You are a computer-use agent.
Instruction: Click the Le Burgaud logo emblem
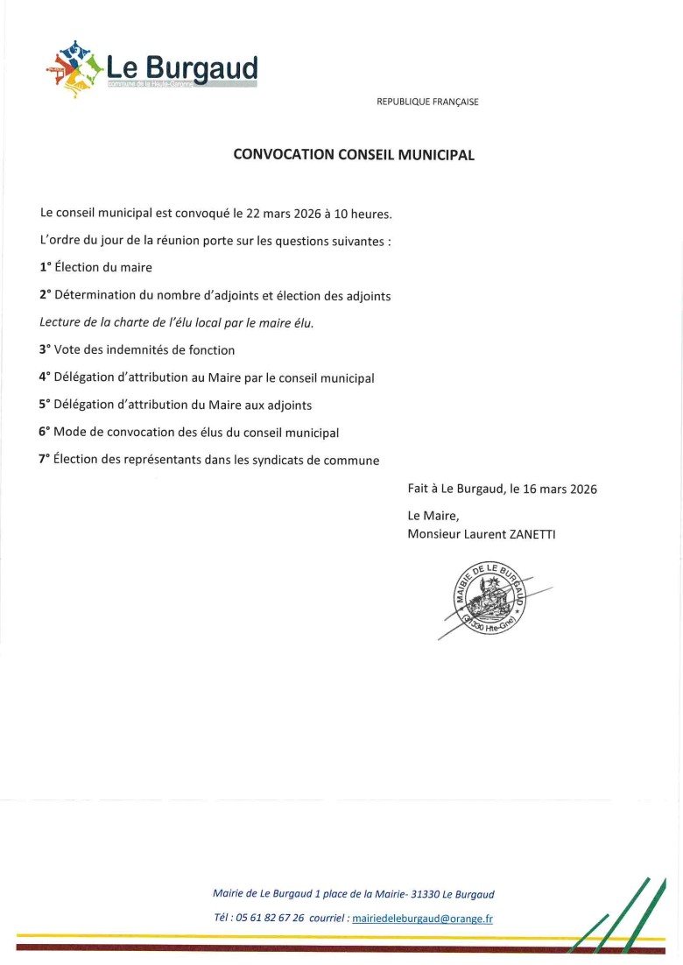click(74, 68)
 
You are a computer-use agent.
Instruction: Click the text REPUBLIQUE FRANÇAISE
click(427, 102)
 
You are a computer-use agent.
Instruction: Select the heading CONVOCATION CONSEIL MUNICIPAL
click(354, 155)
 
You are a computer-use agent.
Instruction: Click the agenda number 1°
click(45, 268)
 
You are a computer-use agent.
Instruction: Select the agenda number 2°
click(45, 295)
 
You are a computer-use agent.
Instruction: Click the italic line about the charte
click(176, 322)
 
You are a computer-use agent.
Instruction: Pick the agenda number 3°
click(45, 349)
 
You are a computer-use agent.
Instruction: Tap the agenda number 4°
click(45, 377)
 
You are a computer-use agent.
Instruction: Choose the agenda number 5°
click(45, 405)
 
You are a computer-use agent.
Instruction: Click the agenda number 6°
click(45, 432)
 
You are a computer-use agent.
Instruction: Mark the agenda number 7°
click(45, 459)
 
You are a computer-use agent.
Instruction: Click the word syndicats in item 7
click(285, 460)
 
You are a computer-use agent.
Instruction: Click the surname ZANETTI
click(526, 533)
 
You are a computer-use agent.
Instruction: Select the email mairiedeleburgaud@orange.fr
click(422, 919)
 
